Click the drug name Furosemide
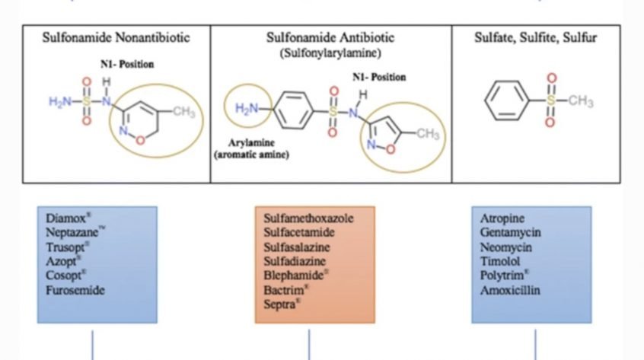[x=75, y=290]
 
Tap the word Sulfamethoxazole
[x=308, y=218]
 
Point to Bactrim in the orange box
[x=285, y=290]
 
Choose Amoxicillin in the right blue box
[x=510, y=290]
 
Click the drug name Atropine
[x=502, y=218]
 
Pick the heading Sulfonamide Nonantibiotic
[x=116, y=37]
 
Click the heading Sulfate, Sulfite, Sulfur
[x=536, y=37]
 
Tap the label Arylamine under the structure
[x=251, y=143]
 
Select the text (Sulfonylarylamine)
[x=330, y=53]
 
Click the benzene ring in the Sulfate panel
[x=506, y=100]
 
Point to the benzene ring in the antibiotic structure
[x=293, y=110]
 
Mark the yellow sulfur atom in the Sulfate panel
[x=551, y=100]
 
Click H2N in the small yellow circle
[x=247, y=108]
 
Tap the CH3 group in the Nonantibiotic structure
[x=183, y=111]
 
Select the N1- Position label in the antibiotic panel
[x=379, y=77]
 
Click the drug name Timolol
[x=500, y=261]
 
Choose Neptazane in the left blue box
[x=75, y=232]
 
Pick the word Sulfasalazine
[x=297, y=247]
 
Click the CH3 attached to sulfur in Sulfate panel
[x=580, y=100]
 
